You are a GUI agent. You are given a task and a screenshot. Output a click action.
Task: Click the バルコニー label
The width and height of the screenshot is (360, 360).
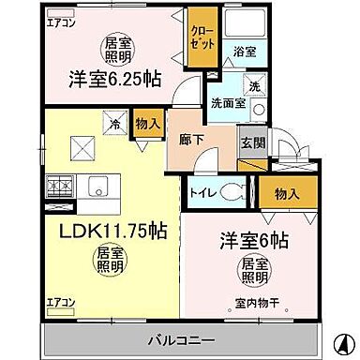[178, 337]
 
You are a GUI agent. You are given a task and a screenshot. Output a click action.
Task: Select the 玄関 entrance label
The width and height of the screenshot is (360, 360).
[252, 142]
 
